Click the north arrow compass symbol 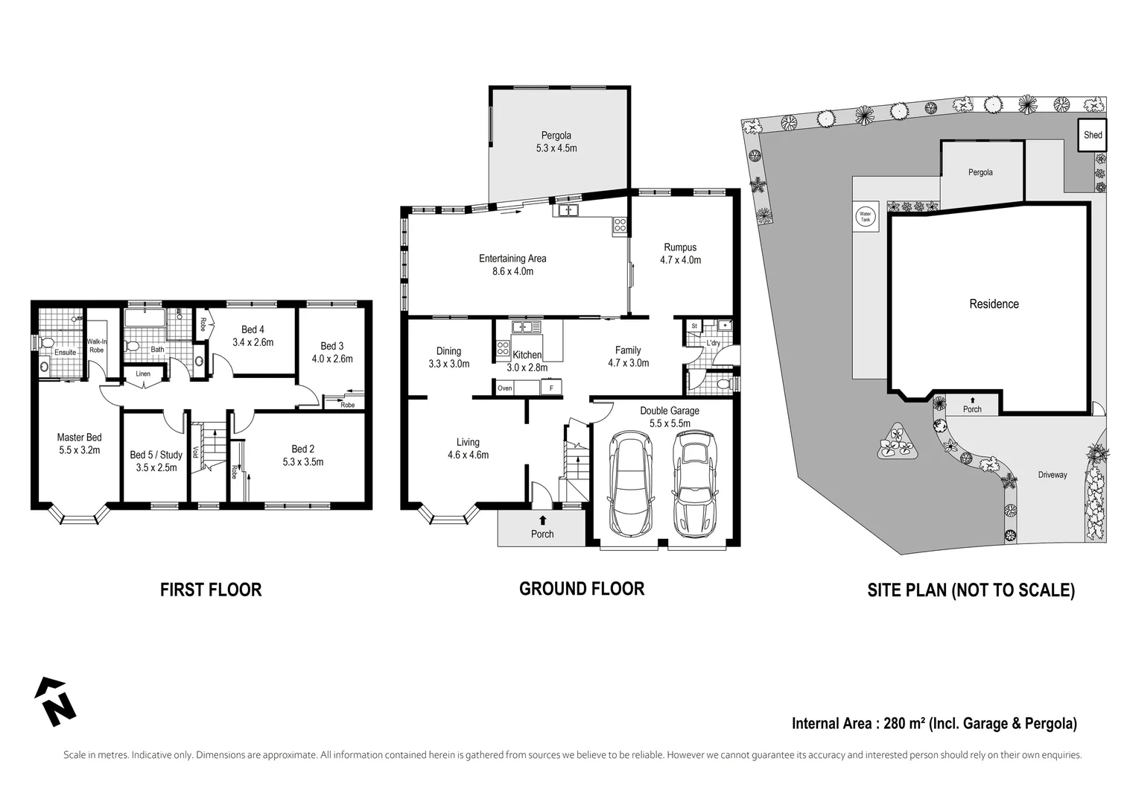54,701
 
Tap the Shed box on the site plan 1093,135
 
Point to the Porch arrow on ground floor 542,520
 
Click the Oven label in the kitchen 505,388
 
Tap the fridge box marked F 551,388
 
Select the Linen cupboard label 143,374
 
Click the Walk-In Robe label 97,346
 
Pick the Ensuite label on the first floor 65,353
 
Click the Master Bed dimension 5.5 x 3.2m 79,450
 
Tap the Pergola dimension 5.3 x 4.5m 556,148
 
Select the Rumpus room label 680,247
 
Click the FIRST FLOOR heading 211,590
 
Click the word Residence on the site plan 994,304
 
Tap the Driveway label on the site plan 1053,475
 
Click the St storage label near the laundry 694,326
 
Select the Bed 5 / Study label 156,455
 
